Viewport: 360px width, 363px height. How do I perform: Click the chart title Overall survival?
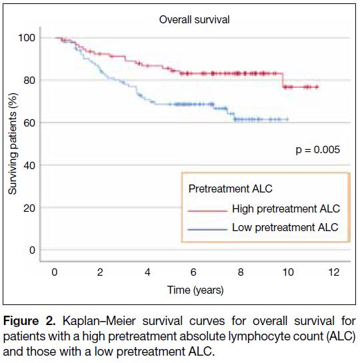(194, 20)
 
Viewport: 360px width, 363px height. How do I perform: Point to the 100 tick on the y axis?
(27, 38)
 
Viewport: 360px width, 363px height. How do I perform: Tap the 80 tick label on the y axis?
(29, 81)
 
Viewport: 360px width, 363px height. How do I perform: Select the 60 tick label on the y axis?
(29, 123)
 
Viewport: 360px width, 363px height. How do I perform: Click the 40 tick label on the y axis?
(29, 165)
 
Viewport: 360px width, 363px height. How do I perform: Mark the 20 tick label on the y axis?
(29, 208)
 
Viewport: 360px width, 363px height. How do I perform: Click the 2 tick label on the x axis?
(100, 272)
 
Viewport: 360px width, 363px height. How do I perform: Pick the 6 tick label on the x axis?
(193, 272)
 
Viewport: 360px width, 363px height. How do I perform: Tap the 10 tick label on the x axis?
(288, 272)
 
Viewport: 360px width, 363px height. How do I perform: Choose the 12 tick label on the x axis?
(334, 272)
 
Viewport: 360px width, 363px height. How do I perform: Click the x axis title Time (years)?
(195, 290)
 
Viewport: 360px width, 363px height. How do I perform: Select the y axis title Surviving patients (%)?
(13, 143)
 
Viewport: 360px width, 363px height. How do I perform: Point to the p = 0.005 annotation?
(317, 150)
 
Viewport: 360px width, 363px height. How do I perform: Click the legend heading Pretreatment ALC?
(230, 188)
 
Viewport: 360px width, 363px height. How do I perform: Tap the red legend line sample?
(207, 211)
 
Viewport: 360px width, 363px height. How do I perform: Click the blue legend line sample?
(207, 229)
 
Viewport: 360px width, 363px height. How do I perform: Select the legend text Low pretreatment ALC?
(285, 227)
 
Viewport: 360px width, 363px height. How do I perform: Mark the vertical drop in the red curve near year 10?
(283, 80)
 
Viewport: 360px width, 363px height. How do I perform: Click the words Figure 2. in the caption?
(29, 322)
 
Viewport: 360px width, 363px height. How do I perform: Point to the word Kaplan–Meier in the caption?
(99, 322)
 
